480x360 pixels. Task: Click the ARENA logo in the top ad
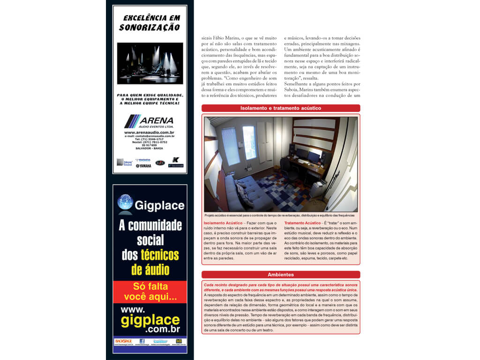149,121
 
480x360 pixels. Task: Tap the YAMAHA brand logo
143,165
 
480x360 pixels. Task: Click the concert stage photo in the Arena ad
150,63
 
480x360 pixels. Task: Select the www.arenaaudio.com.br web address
149,133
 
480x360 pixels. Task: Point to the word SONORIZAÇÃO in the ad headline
149,27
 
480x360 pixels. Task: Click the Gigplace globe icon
125,202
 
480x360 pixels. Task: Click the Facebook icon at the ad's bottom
142,341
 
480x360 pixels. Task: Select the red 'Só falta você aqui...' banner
150,292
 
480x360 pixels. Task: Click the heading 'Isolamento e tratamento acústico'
280,108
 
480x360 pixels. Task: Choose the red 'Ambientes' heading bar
280,275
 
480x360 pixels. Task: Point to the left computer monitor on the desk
301,153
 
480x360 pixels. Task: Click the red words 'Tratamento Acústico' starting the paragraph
303,223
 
